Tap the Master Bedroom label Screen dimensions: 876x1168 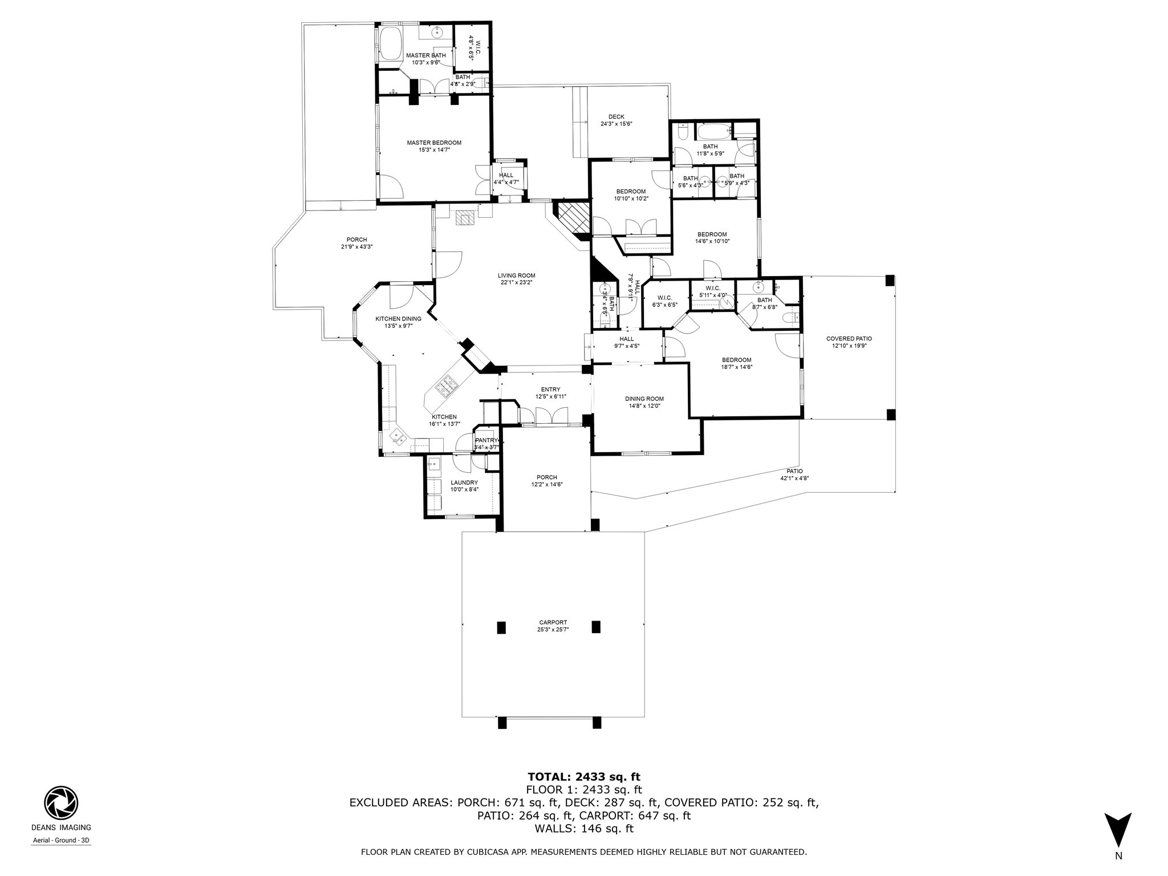[433, 143]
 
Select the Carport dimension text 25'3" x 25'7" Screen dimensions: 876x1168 [553, 630]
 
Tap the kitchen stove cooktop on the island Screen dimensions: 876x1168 [446, 386]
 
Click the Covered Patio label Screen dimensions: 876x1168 [849, 339]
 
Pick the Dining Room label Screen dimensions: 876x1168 [644, 399]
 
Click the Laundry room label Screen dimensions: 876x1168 [464, 482]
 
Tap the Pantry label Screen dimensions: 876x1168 [486, 440]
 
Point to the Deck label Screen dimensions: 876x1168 [616, 117]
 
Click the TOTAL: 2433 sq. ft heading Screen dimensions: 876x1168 [583, 777]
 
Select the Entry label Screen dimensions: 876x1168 [550, 390]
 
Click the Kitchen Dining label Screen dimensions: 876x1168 [398, 319]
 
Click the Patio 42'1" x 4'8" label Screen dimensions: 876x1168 [794, 471]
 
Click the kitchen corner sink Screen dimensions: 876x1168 [398, 437]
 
